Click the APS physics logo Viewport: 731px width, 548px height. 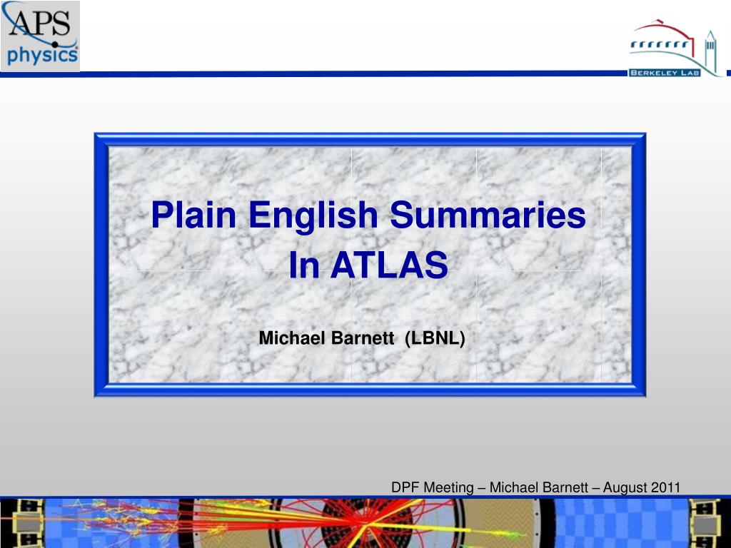coord(40,36)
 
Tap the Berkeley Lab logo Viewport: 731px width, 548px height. coord(675,49)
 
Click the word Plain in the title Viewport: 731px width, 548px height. coord(193,215)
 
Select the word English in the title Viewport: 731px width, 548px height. coord(313,215)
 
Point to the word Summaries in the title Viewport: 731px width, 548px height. coord(488,215)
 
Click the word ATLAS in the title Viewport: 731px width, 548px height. coord(389,265)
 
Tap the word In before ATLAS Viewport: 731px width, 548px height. coord(304,265)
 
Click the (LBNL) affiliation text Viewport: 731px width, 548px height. coord(435,338)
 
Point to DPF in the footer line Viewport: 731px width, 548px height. coord(405,487)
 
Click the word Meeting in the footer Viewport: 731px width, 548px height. coord(448,488)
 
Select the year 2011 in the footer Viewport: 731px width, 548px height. coord(666,487)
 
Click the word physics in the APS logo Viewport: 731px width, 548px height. coord(42,56)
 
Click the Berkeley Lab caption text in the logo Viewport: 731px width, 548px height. coord(665,73)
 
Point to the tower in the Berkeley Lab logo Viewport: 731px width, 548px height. coord(710,53)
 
